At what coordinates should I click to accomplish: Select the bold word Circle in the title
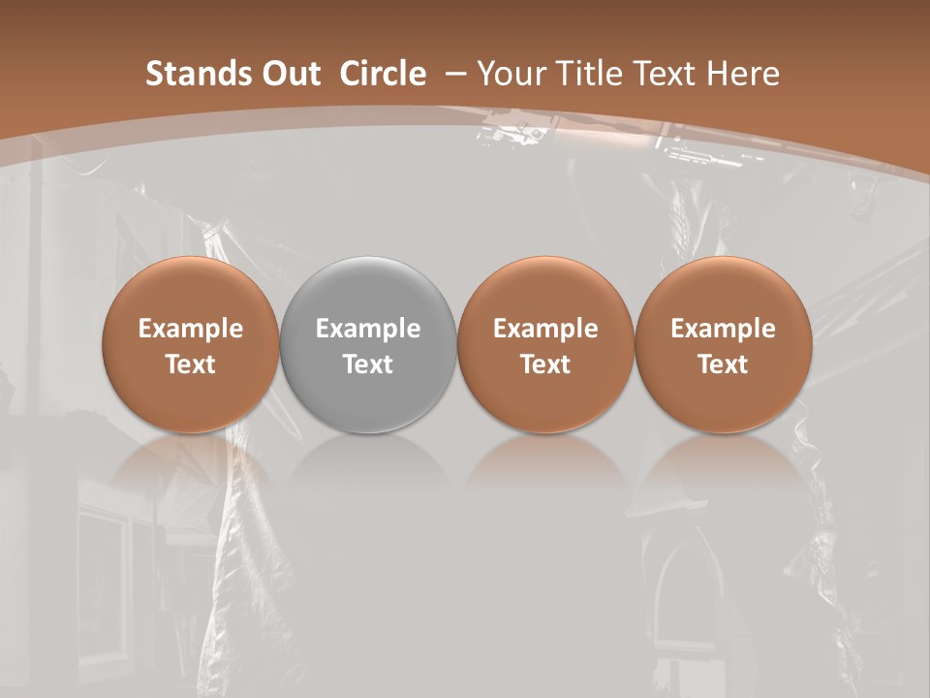[383, 74]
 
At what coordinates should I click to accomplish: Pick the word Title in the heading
[590, 74]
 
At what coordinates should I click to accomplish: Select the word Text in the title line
[667, 74]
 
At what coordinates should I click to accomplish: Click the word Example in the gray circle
[368, 329]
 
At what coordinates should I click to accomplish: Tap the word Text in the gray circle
[368, 365]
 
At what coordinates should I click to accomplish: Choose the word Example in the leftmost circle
[191, 329]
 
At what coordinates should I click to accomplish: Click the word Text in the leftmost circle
[191, 365]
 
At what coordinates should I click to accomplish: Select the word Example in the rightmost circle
[723, 329]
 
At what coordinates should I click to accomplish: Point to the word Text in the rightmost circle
[723, 365]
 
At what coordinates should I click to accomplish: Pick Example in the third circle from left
[545, 329]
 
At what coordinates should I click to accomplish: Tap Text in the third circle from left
[545, 365]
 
